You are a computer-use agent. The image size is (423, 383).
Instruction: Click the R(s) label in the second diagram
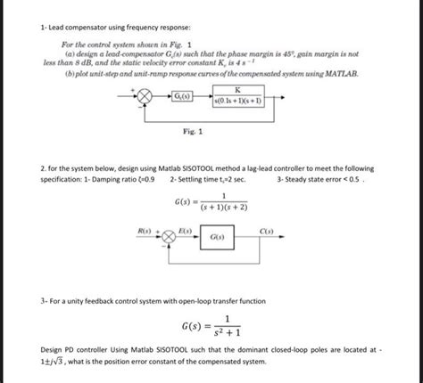coord(144,232)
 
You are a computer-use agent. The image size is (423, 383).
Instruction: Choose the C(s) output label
coord(266,232)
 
